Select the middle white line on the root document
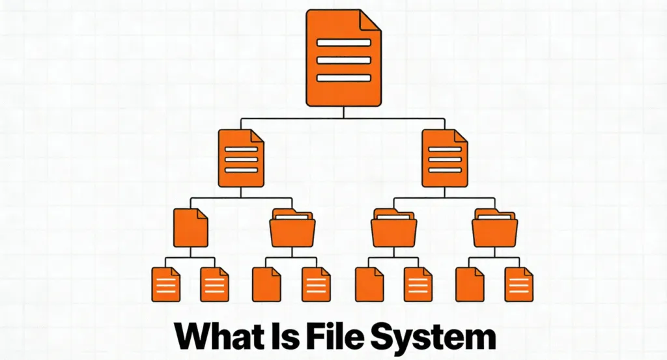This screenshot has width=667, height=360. [x=343, y=60]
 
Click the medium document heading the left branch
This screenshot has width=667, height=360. [x=241, y=158]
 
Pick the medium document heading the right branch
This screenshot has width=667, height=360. [x=445, y=158]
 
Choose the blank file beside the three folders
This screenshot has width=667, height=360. [x=190, y=228]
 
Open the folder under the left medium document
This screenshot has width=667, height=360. [x=292, y=228]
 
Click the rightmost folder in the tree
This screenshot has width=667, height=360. [x=494, y=228]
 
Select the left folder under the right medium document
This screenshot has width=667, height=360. [x=394, y=228]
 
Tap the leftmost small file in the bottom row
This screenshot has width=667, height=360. [x=165, y=284]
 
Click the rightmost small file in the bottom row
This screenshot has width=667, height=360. [x=519, y=284]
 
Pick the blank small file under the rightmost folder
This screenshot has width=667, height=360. [x=469, y=284]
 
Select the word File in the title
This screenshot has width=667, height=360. [x=332, y=337]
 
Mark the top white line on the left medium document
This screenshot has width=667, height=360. [x=241, y=149]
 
